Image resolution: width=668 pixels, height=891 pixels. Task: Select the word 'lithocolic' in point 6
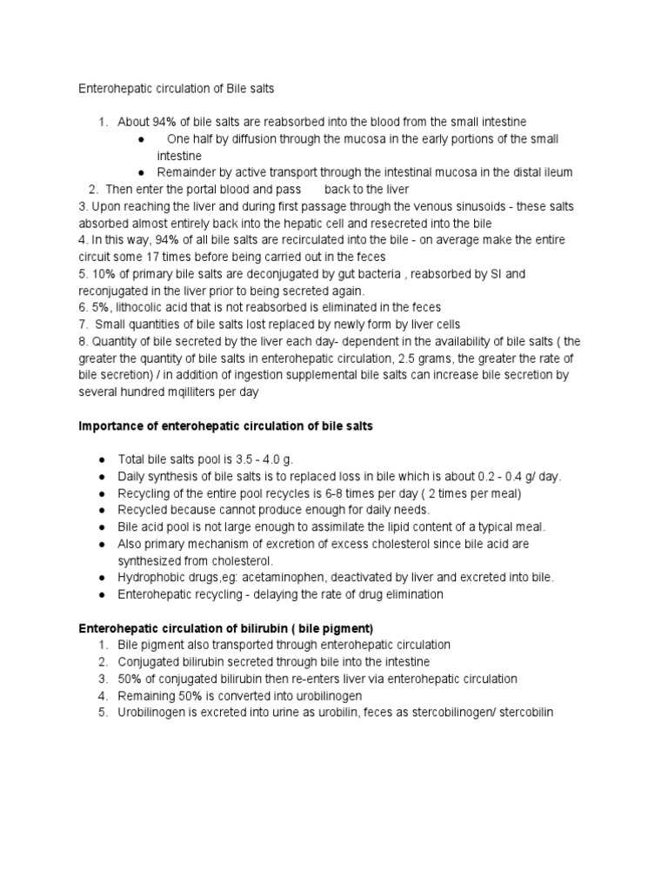137,307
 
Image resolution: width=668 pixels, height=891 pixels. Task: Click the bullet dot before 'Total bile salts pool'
103,459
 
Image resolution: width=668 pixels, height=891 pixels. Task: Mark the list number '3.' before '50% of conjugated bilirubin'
103,679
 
